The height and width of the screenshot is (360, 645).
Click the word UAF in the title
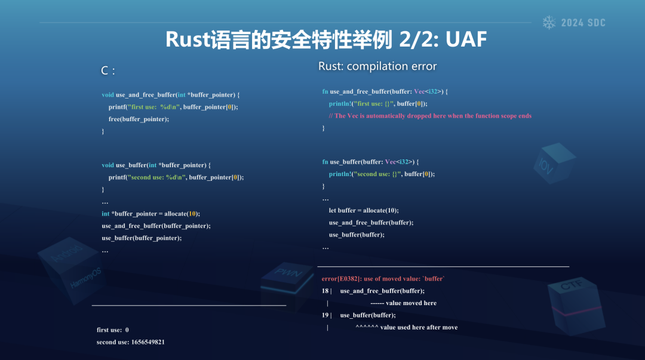[466, 39]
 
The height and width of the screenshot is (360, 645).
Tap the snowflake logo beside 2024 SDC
[549, 23]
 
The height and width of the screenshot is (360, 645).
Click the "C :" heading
[107, 71]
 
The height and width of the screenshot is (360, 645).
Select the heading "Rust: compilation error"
[377, 66]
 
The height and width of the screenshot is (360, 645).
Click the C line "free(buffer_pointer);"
[139, 119]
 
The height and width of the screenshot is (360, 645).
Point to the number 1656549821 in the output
[148, 342]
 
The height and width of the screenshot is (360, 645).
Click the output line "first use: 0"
[113, 330]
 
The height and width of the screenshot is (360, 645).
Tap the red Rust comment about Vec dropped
[430, 116]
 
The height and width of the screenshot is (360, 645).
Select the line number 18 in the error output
[325, 291]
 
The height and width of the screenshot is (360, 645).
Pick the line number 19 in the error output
[325, 315]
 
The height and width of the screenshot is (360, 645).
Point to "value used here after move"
[419, 328]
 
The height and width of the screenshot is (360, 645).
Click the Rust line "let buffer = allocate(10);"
[364, 211]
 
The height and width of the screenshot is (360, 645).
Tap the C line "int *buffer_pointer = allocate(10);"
[150, 214]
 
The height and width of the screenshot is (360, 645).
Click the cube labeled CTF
[576, 305]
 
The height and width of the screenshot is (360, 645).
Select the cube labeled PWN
[287, 284]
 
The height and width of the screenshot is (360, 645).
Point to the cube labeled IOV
[554, 163]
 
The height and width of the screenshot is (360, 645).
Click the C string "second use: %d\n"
[156, 177]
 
